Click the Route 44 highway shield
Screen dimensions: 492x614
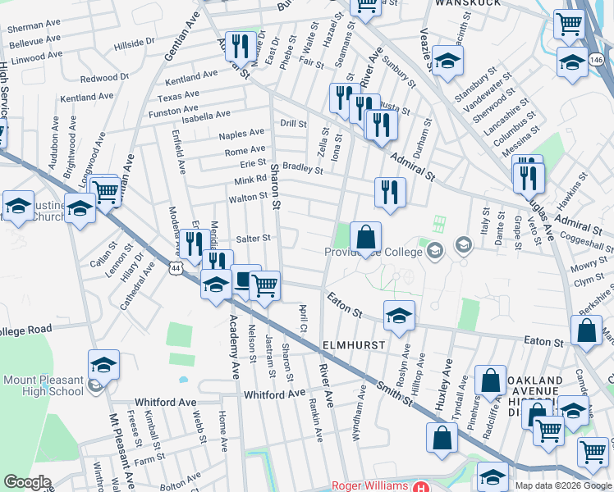click(x=176, y=268)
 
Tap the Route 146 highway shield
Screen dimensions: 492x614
click(x=598, y=61)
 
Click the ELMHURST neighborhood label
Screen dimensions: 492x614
click(x=355, y=346)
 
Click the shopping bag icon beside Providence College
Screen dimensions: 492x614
click(x=366, y=237)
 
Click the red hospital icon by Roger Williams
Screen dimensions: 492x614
click(x=420, y=486)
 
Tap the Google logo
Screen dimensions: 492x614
click(x=27, y=482)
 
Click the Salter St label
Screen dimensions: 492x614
click(x=254, y=239)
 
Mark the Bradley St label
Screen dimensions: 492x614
click(x=302, y=167)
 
